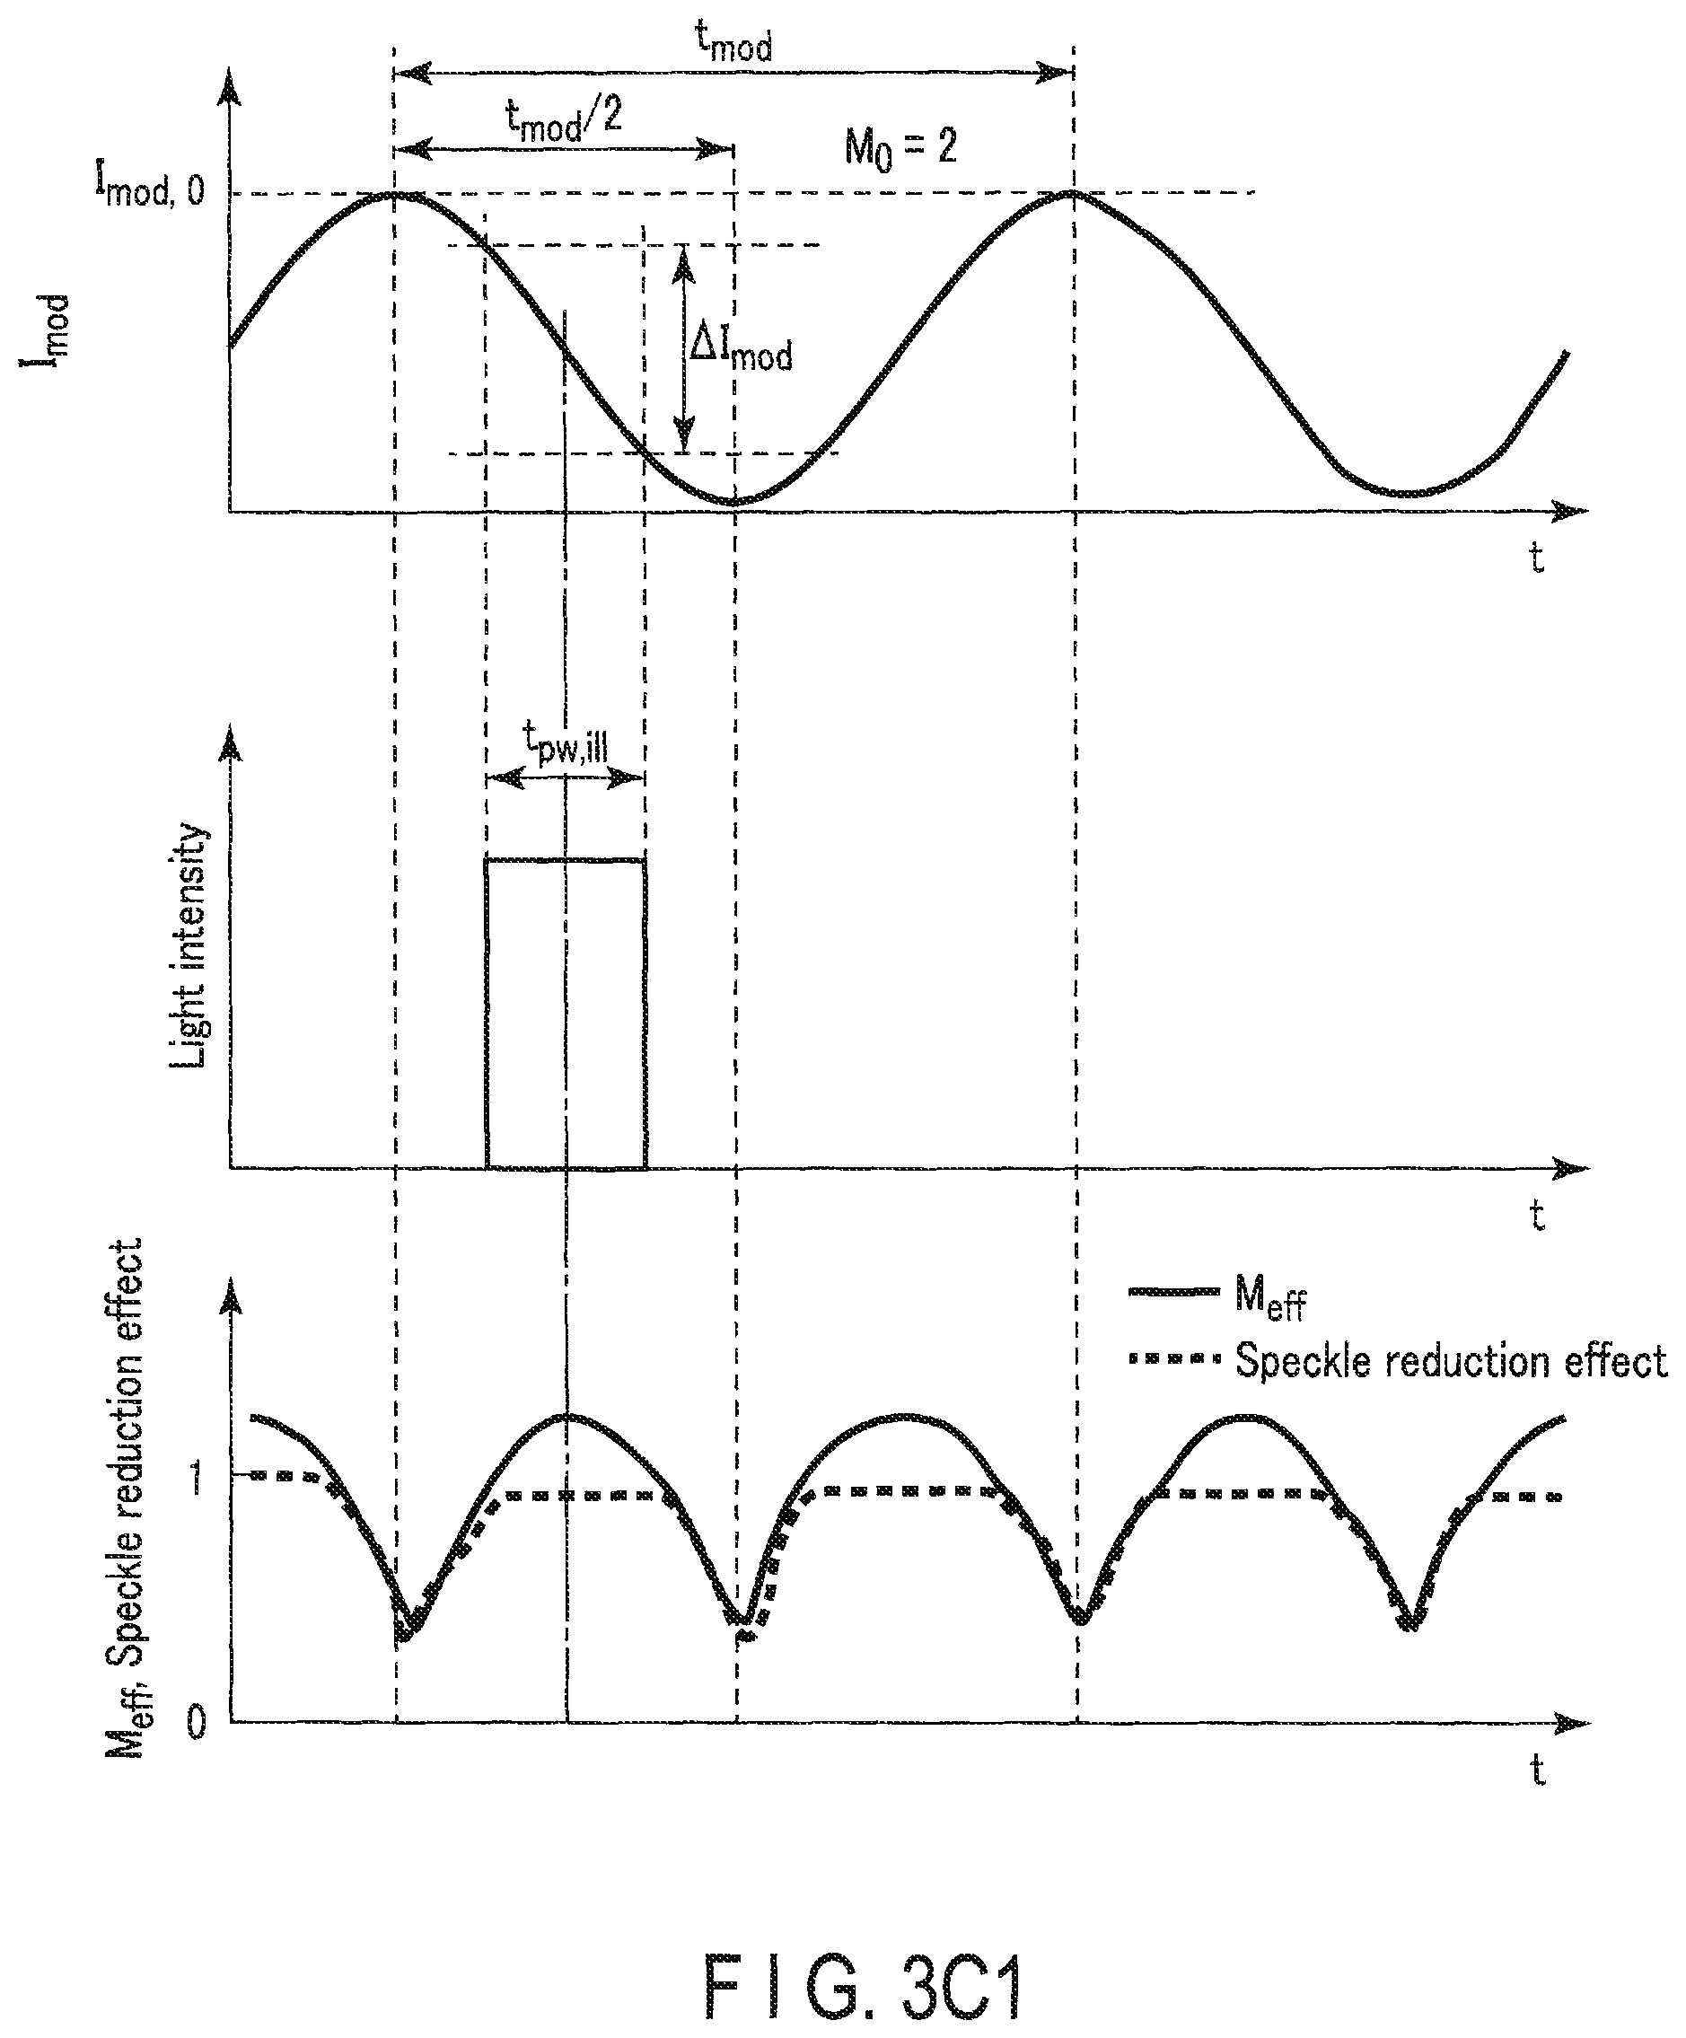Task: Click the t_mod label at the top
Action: point(733,43)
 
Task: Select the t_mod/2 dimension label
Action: point(563,120)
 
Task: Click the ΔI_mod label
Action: point(740,348)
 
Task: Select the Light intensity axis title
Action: point(189,947)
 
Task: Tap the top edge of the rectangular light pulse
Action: point(566,859)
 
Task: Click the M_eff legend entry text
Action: point(1270,1296)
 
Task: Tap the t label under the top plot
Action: point(1536,556)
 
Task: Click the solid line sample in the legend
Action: point(1173,1292)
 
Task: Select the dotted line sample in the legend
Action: point(1173,1359)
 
